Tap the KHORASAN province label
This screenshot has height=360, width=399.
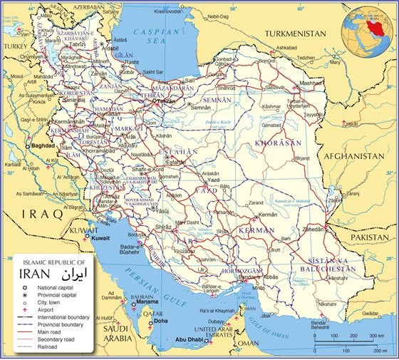click(277, 143)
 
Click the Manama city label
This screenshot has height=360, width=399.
click(142, 303)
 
